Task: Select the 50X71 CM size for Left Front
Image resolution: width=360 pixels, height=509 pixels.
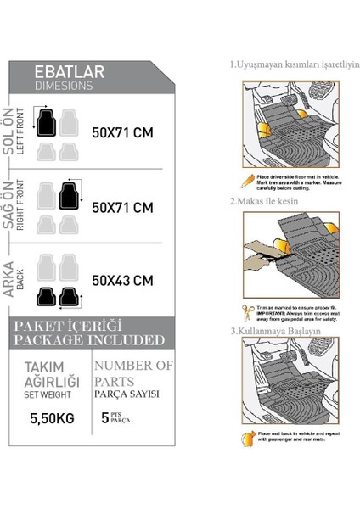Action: tap(122, 132)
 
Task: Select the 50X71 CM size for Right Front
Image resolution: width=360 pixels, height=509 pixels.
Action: tap(122, 207)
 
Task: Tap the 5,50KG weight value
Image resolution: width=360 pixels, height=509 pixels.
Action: tap(50, 419)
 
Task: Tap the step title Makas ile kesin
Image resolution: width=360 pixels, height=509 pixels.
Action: tap(267, 202)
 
